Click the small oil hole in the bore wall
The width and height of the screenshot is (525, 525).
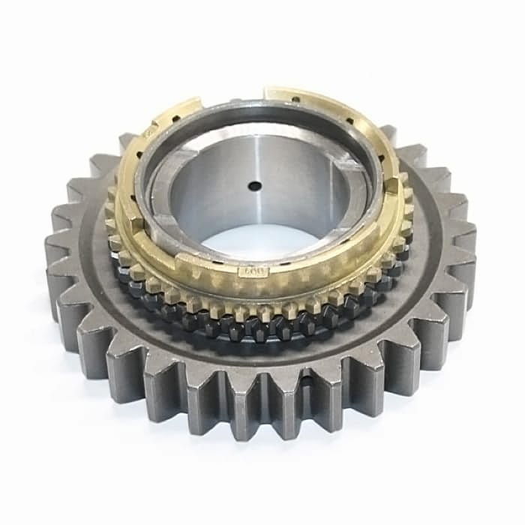(255, 185)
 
